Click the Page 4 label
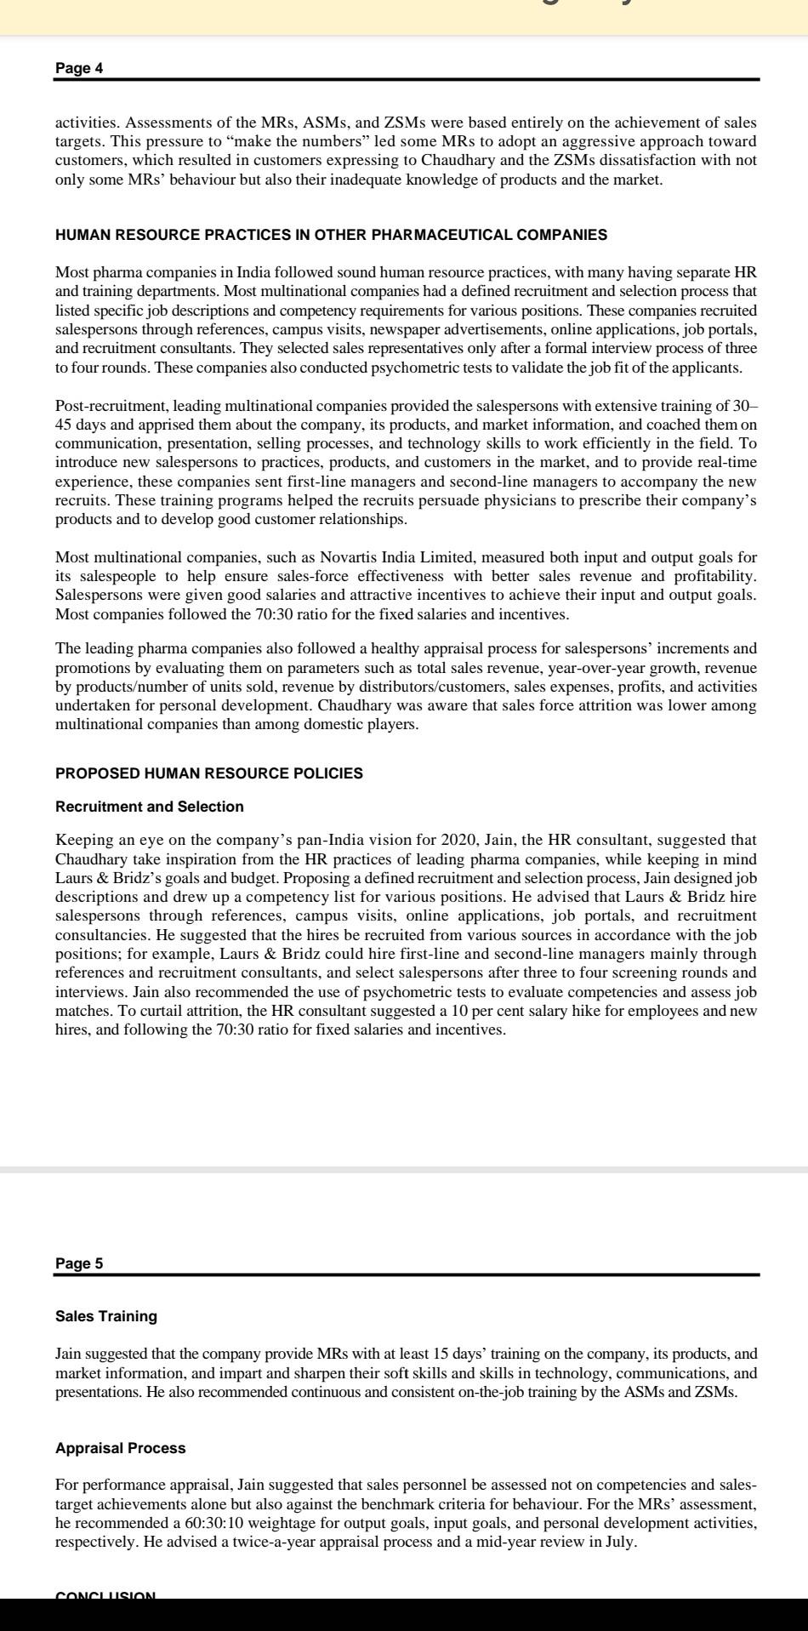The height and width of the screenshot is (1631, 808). coord(79,68)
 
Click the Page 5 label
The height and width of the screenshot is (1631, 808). coord(79,1263)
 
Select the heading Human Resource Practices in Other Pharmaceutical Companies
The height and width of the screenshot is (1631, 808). coord(331,235)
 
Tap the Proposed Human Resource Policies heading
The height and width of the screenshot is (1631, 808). coord(208,773)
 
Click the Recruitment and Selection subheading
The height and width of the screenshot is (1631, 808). coord(149,807)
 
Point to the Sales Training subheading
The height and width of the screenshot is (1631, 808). coord(106,1316)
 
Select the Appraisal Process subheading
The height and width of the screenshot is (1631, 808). coord(120,1448)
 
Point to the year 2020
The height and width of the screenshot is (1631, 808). coord(458,840)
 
